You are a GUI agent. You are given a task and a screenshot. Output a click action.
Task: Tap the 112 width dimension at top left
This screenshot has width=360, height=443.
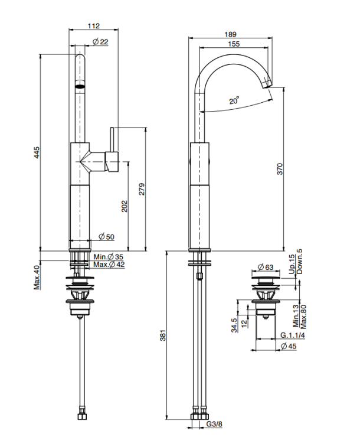click(x=93, y=25)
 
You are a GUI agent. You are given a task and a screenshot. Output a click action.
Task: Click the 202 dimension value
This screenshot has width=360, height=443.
click(x=124, y=206)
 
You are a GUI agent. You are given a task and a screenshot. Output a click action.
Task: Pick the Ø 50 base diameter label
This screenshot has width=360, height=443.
click(x=107, y=237)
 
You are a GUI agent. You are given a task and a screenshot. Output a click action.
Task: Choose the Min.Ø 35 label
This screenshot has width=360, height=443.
click(x=109, y=257)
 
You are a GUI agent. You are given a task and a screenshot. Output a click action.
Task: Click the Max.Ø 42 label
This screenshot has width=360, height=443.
click(x=109, y=265)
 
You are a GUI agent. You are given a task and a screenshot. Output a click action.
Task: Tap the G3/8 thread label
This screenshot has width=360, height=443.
click(x=215, y=424)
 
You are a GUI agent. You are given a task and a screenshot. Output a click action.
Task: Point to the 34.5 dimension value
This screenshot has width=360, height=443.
click(x=234, y=325)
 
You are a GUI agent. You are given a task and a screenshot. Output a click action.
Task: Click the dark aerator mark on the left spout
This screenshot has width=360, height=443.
click(x=79, y=86)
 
